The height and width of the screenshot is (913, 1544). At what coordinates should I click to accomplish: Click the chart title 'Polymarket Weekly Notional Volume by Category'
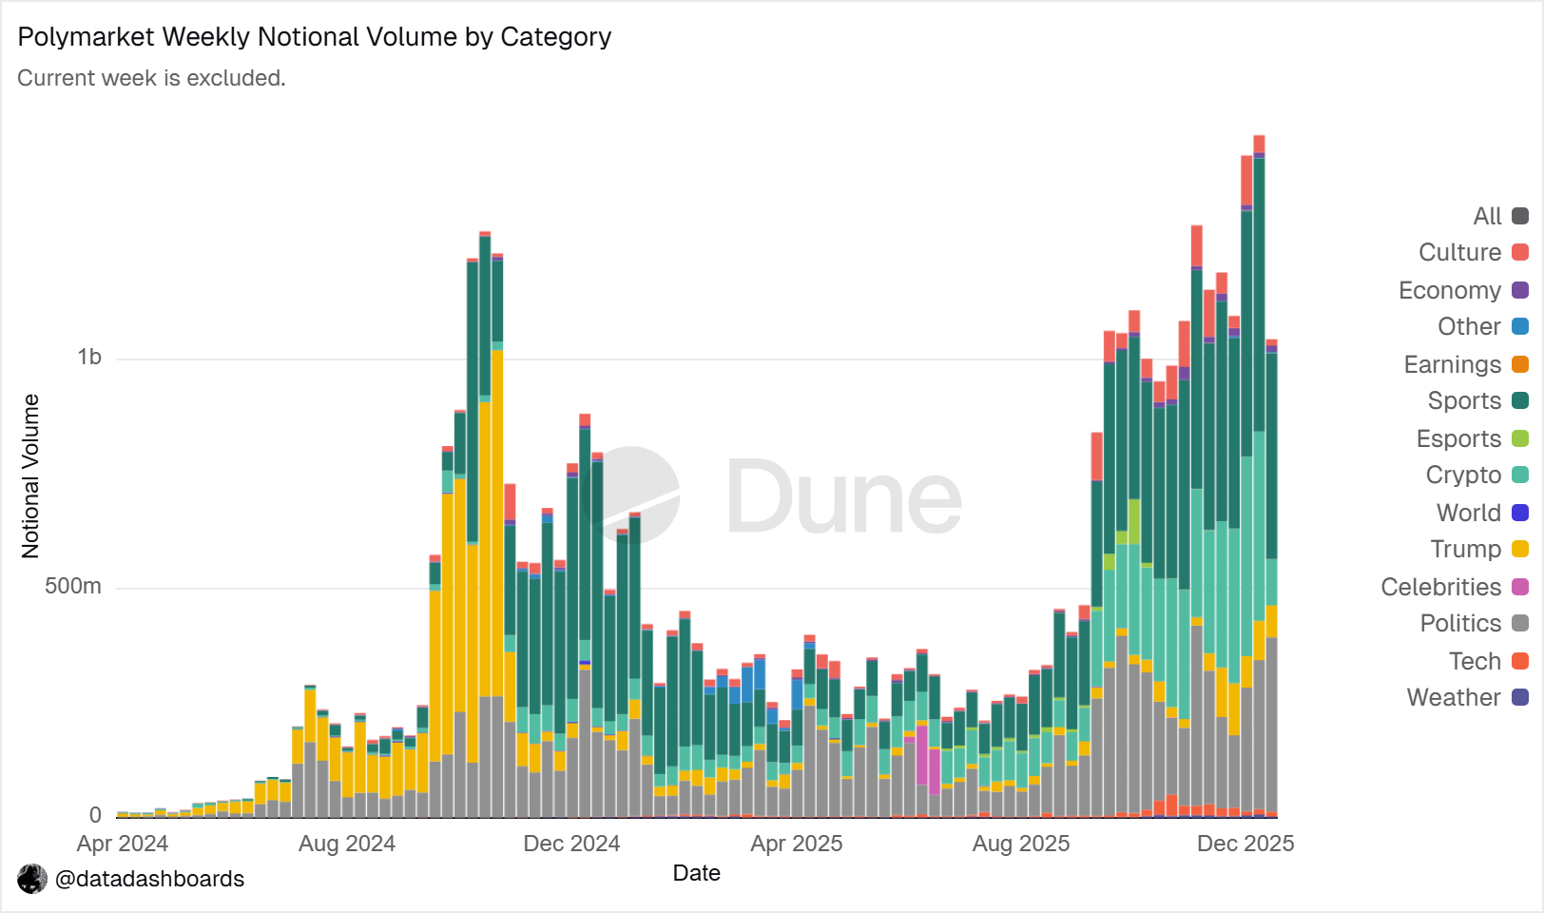[x=315, y=37]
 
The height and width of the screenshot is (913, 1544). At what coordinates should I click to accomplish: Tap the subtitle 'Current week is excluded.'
[x=152, y=78]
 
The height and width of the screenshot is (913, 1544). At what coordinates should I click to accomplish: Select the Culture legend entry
[x=1473, y=252]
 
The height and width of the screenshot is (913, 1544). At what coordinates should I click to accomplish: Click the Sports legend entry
[x=1477, y=400]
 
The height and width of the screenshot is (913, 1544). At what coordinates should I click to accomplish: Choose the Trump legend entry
[x=1479, y=549]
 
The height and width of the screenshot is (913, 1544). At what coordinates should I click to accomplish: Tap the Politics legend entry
[x=1475, y=623]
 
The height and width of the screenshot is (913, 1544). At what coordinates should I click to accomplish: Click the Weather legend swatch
[x=1520, y=697]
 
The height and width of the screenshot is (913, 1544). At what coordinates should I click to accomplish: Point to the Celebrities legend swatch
[x=1520, y=587]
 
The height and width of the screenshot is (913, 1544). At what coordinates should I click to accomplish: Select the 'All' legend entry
[x=1500, y=217]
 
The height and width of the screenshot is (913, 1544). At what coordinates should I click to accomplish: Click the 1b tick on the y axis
[x=89, y=358]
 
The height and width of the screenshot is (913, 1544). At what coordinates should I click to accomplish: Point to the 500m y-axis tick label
[x=73, y=586]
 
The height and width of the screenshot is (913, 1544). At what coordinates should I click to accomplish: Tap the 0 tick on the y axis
[x=95, y=815]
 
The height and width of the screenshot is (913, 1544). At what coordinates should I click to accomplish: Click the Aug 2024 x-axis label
[x=347, y=844]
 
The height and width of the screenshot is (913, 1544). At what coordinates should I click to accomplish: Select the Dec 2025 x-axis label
[x=1245, y=844]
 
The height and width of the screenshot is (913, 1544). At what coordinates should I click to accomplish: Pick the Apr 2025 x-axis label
[x=796, y=844]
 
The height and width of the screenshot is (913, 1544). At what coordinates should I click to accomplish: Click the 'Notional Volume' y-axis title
[x=30, y=476]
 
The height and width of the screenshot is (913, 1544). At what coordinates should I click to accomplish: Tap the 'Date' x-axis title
[x=696, y=873]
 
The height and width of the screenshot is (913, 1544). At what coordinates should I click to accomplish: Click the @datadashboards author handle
[x=149, y=879]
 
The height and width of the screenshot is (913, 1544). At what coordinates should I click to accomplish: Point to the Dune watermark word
[x=844, y=495]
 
